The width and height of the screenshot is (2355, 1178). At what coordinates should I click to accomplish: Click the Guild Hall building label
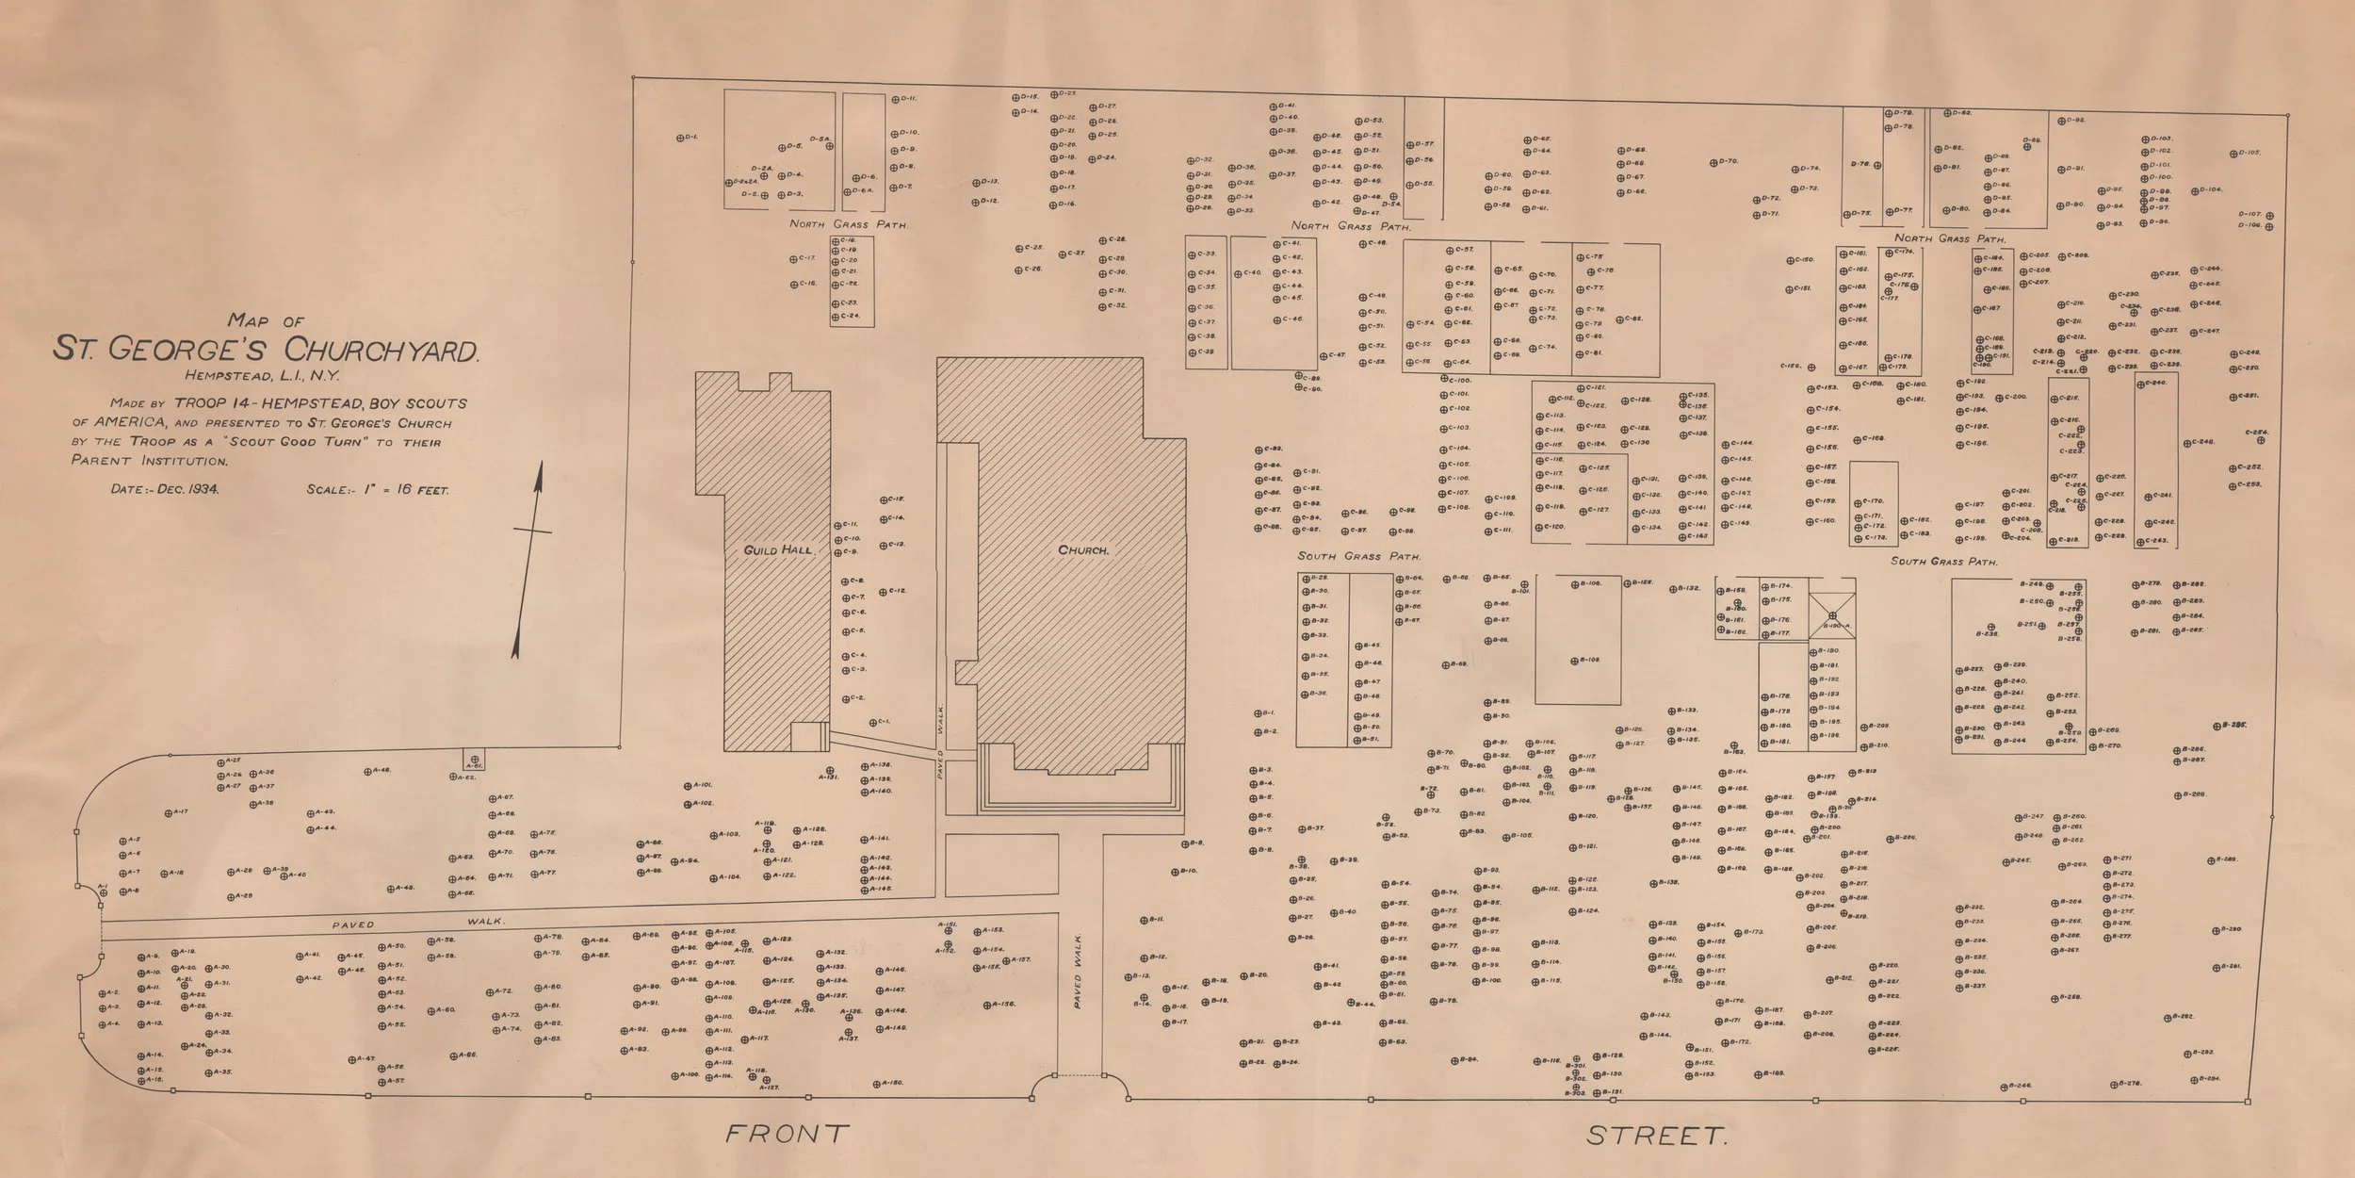778,549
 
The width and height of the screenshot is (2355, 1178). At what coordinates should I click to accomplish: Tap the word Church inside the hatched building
1083,549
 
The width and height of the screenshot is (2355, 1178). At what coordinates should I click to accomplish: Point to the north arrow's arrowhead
540,475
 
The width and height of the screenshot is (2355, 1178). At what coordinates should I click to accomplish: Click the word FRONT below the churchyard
787,1134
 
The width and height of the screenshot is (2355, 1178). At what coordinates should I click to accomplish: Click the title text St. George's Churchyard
267,351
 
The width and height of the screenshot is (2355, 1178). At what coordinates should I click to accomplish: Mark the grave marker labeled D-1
681,139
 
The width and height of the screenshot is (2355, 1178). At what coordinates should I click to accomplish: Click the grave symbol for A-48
368,771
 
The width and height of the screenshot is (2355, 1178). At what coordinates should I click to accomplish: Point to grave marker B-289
2210,859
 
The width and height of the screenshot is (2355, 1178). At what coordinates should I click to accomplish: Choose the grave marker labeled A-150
878,1083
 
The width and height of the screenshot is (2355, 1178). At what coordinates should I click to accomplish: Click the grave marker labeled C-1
872,723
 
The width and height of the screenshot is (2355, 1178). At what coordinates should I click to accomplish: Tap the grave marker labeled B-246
2005,1087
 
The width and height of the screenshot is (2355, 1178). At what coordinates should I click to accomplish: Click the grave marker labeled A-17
169,811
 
